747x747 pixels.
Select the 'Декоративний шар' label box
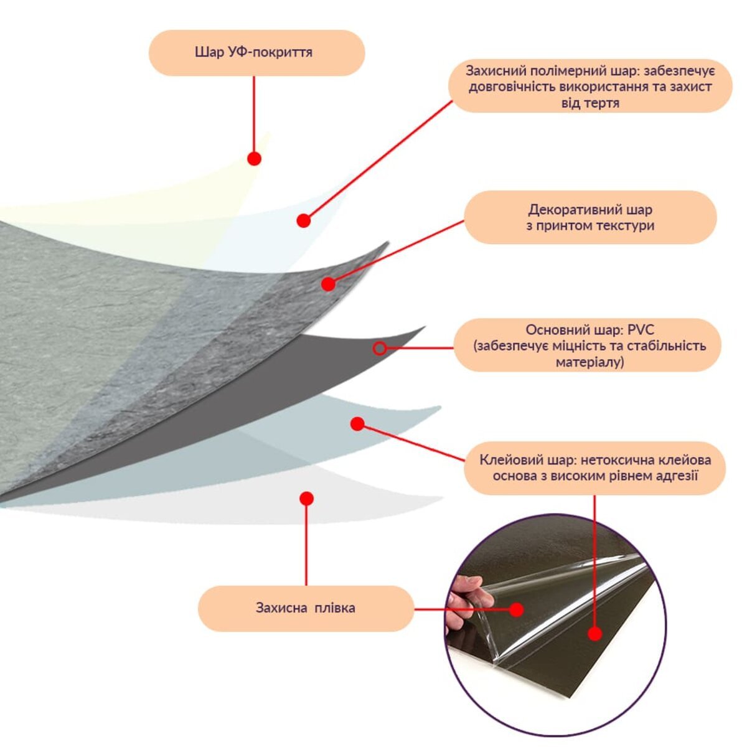[x=590, y=217]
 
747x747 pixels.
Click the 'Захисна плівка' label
[x=306, y=608]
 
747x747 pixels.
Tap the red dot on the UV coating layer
[x=255, y=159]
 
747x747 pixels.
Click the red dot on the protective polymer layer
[x=304, y=220]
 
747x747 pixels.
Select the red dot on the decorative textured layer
[x=328, y=284]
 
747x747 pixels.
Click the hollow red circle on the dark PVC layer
[x=380, y=349]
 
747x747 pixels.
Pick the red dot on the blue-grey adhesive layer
[x=357, y=424]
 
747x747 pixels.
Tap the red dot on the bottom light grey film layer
[x=307, y=499]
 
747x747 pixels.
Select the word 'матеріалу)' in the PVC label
[x=590, y=362]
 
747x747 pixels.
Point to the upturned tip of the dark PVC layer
[x=425, y=327]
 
